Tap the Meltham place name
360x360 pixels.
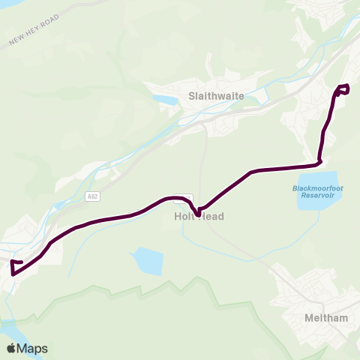click(x=326, y=318)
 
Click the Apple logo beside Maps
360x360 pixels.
click(x=10, y=348)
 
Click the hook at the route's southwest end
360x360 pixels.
click(x=14, y=265)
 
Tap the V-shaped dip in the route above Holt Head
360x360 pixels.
click(x=196, y=214)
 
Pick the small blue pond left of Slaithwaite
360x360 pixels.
click(x=163, y=99)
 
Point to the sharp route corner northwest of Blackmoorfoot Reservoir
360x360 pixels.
click(x=319, y=160)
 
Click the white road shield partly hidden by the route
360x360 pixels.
click(x=184, y=198)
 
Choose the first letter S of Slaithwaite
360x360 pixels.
click(x=192, y=97)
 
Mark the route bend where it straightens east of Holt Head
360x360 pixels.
click(x=252, y=172)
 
